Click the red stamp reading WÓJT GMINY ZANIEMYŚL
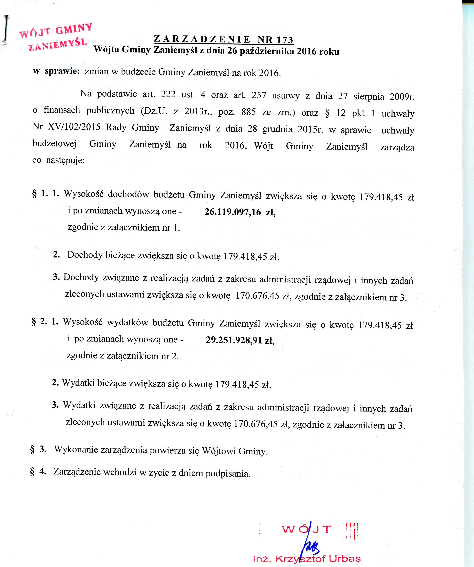[56, 38]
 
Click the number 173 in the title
[284, 40]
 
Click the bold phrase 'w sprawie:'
[56, 71]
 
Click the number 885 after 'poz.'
[249, 111]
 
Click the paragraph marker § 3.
[38, 449]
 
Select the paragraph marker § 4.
[38, 471]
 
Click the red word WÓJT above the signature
[306, 529]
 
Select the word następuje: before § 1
[65, 161]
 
